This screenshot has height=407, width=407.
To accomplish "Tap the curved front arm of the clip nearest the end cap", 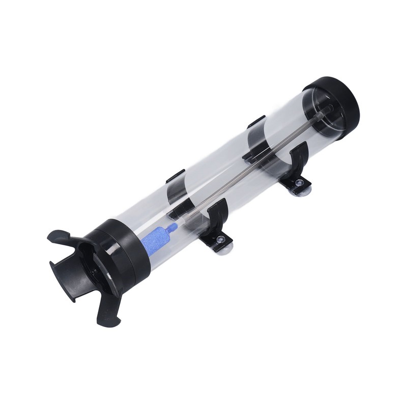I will tap(299, 158).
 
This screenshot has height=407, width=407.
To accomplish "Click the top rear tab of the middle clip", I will tap(174, 177).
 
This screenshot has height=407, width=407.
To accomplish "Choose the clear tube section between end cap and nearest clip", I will tap(285, 117).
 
